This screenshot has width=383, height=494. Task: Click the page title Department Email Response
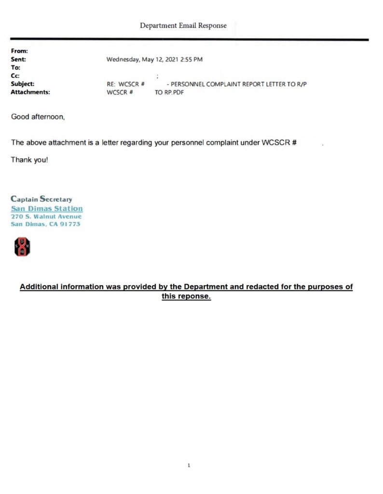point(183,26)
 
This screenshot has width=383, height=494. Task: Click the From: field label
point(19,51)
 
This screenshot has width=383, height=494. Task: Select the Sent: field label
point(18,59)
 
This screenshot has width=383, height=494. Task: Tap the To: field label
point(15,68)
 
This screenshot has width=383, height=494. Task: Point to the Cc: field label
point(15,76)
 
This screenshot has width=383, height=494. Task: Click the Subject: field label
point(22,84)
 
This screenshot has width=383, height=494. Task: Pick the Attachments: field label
point(30,92)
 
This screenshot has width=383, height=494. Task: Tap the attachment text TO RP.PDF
point(169,92)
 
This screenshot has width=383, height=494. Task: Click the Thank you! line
point(29,160)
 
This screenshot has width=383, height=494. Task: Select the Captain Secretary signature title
point(41,199)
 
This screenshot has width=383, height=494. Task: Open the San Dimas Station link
point(47,208)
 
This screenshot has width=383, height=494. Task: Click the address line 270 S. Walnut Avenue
point(46,217)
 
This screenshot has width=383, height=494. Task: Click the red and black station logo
point(22,247)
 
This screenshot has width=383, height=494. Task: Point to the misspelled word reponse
point(194,296)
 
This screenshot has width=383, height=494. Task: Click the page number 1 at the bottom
point(189,466)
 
